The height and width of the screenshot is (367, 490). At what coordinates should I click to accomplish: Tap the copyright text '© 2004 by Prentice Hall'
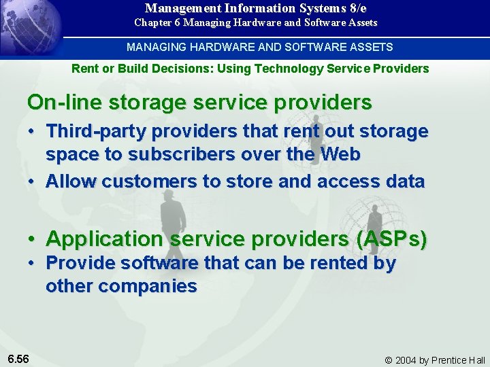(435, 360)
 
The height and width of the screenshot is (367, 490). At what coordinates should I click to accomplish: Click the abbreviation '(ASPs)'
(386, 239)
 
